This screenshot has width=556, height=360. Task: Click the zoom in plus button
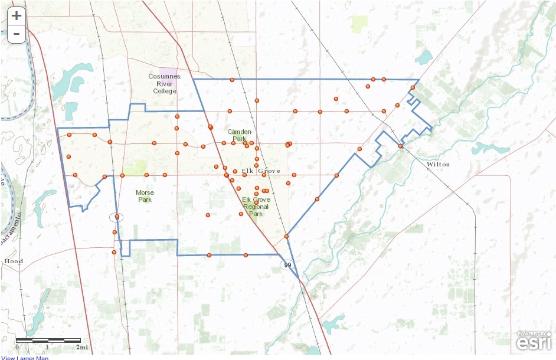pos(17,16)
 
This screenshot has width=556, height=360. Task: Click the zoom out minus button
pos(17,34)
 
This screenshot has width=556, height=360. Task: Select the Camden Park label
pos(239,135)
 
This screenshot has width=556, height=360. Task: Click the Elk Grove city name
pos(261,171)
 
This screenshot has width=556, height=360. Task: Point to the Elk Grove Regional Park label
pos(256,207)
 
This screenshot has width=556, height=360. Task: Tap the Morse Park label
pos(144,196)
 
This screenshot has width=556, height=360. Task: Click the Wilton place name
pos(438,164)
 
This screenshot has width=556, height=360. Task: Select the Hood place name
pos(13,261)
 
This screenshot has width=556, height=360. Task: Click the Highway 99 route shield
pos(287,265)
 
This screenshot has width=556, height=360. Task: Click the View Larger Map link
pos(25,358)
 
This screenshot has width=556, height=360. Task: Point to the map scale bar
pos(48,341)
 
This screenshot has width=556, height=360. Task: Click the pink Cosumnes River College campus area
pos(170,72)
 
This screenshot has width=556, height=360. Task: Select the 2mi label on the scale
pos(83,348)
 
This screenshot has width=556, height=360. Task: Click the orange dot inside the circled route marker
pos(117,217)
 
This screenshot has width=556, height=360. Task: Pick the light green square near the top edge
pos(359,24)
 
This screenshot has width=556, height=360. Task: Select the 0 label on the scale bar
pos(17,348)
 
